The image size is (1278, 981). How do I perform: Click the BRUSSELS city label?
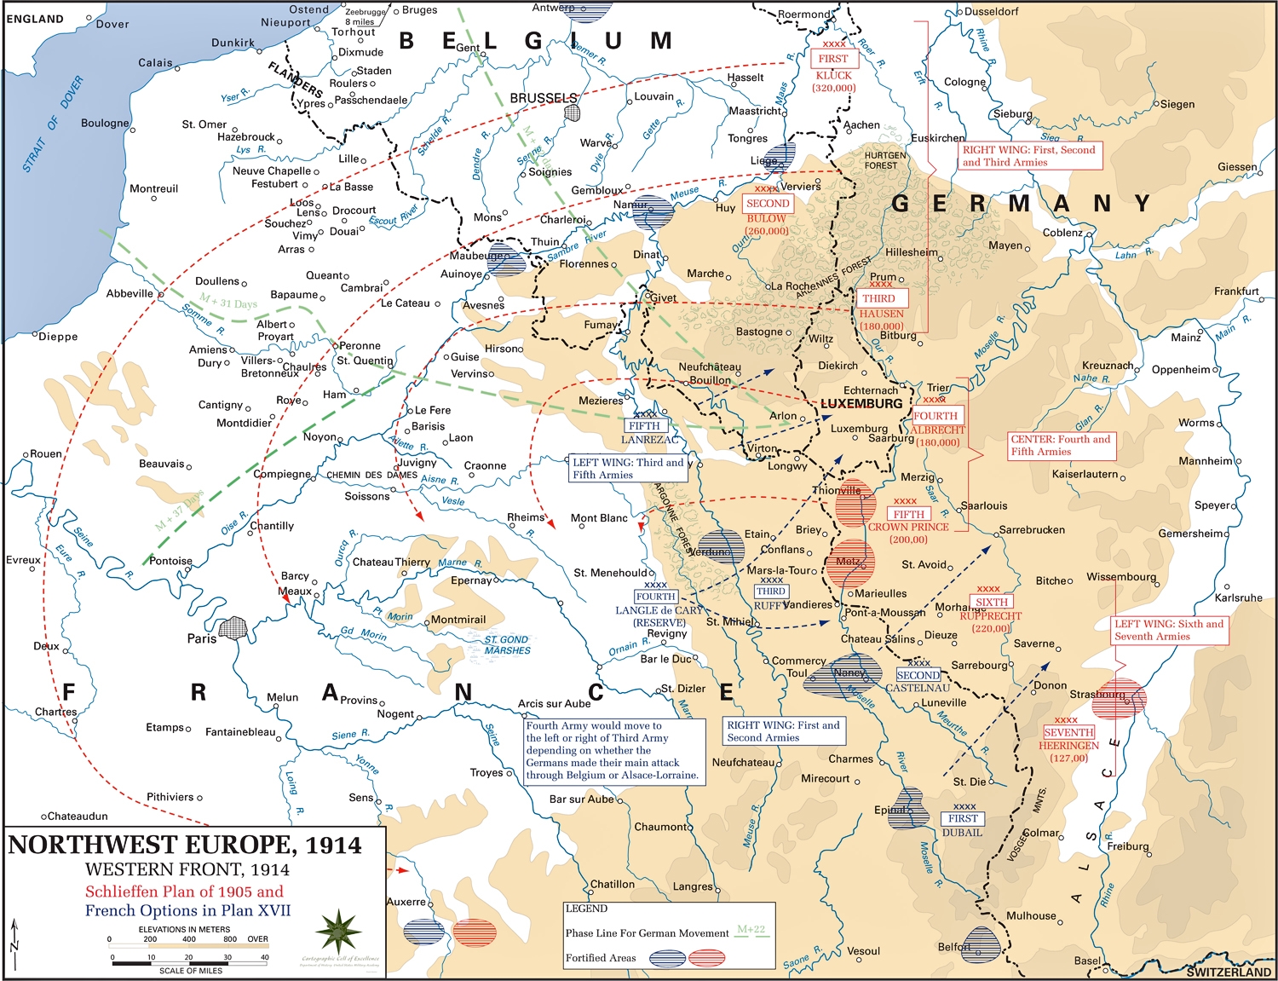[x=543, y=98]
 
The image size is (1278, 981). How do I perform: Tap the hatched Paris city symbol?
[x=232, y=629]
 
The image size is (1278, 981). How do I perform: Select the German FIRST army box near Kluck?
[x=833, y=59]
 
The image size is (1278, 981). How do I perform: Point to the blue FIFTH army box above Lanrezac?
[x=644, y=425]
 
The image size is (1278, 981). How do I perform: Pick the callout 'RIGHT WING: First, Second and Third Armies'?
[x=1029, y=155]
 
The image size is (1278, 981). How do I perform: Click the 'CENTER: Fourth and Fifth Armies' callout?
[x=1061, y=445]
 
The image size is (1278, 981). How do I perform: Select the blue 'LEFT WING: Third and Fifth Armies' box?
[x=628, y=468]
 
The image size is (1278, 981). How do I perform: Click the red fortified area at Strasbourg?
[x=1120, y=698]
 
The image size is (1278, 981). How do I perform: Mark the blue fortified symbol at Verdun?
[x=720, y=546]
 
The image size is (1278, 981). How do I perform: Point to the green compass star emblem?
[x=339, y=932]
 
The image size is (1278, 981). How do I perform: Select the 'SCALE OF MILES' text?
[x=191, y=971]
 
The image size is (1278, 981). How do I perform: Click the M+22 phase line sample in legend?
[x=751, y=932]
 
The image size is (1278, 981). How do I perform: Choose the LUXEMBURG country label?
[x=861, y=403]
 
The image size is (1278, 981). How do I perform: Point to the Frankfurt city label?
[x=1236, y=291]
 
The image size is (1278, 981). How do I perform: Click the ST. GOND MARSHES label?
[x=507, y=645]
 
